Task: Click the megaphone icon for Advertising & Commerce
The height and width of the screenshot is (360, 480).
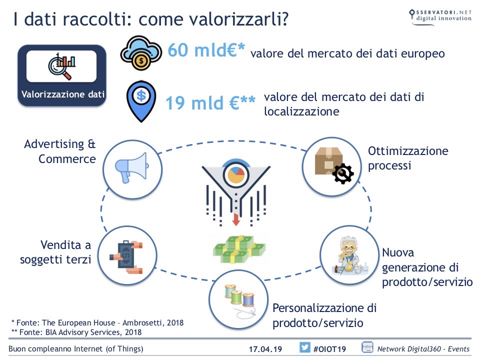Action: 131,168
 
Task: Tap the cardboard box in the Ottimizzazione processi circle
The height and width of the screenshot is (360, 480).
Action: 328,161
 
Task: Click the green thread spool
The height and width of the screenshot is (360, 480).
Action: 236,296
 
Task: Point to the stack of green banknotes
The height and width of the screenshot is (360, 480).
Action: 239,249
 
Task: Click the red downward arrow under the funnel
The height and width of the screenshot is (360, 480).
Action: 235,219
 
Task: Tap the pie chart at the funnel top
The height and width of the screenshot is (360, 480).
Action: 235,175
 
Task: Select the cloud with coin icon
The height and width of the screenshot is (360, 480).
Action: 141,53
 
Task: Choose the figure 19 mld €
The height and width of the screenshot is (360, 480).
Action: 210,103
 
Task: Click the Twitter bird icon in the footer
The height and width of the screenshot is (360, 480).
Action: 304,347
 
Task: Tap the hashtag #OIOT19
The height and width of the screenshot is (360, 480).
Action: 329,349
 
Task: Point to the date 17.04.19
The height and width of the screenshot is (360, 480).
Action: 265,349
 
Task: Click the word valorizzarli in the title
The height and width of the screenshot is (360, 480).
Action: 235,19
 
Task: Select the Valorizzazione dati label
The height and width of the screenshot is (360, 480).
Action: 63,94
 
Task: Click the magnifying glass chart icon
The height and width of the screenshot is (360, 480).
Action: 62,66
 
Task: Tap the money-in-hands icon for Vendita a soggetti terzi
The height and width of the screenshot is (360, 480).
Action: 126,257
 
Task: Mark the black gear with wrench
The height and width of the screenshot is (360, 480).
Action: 343,173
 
